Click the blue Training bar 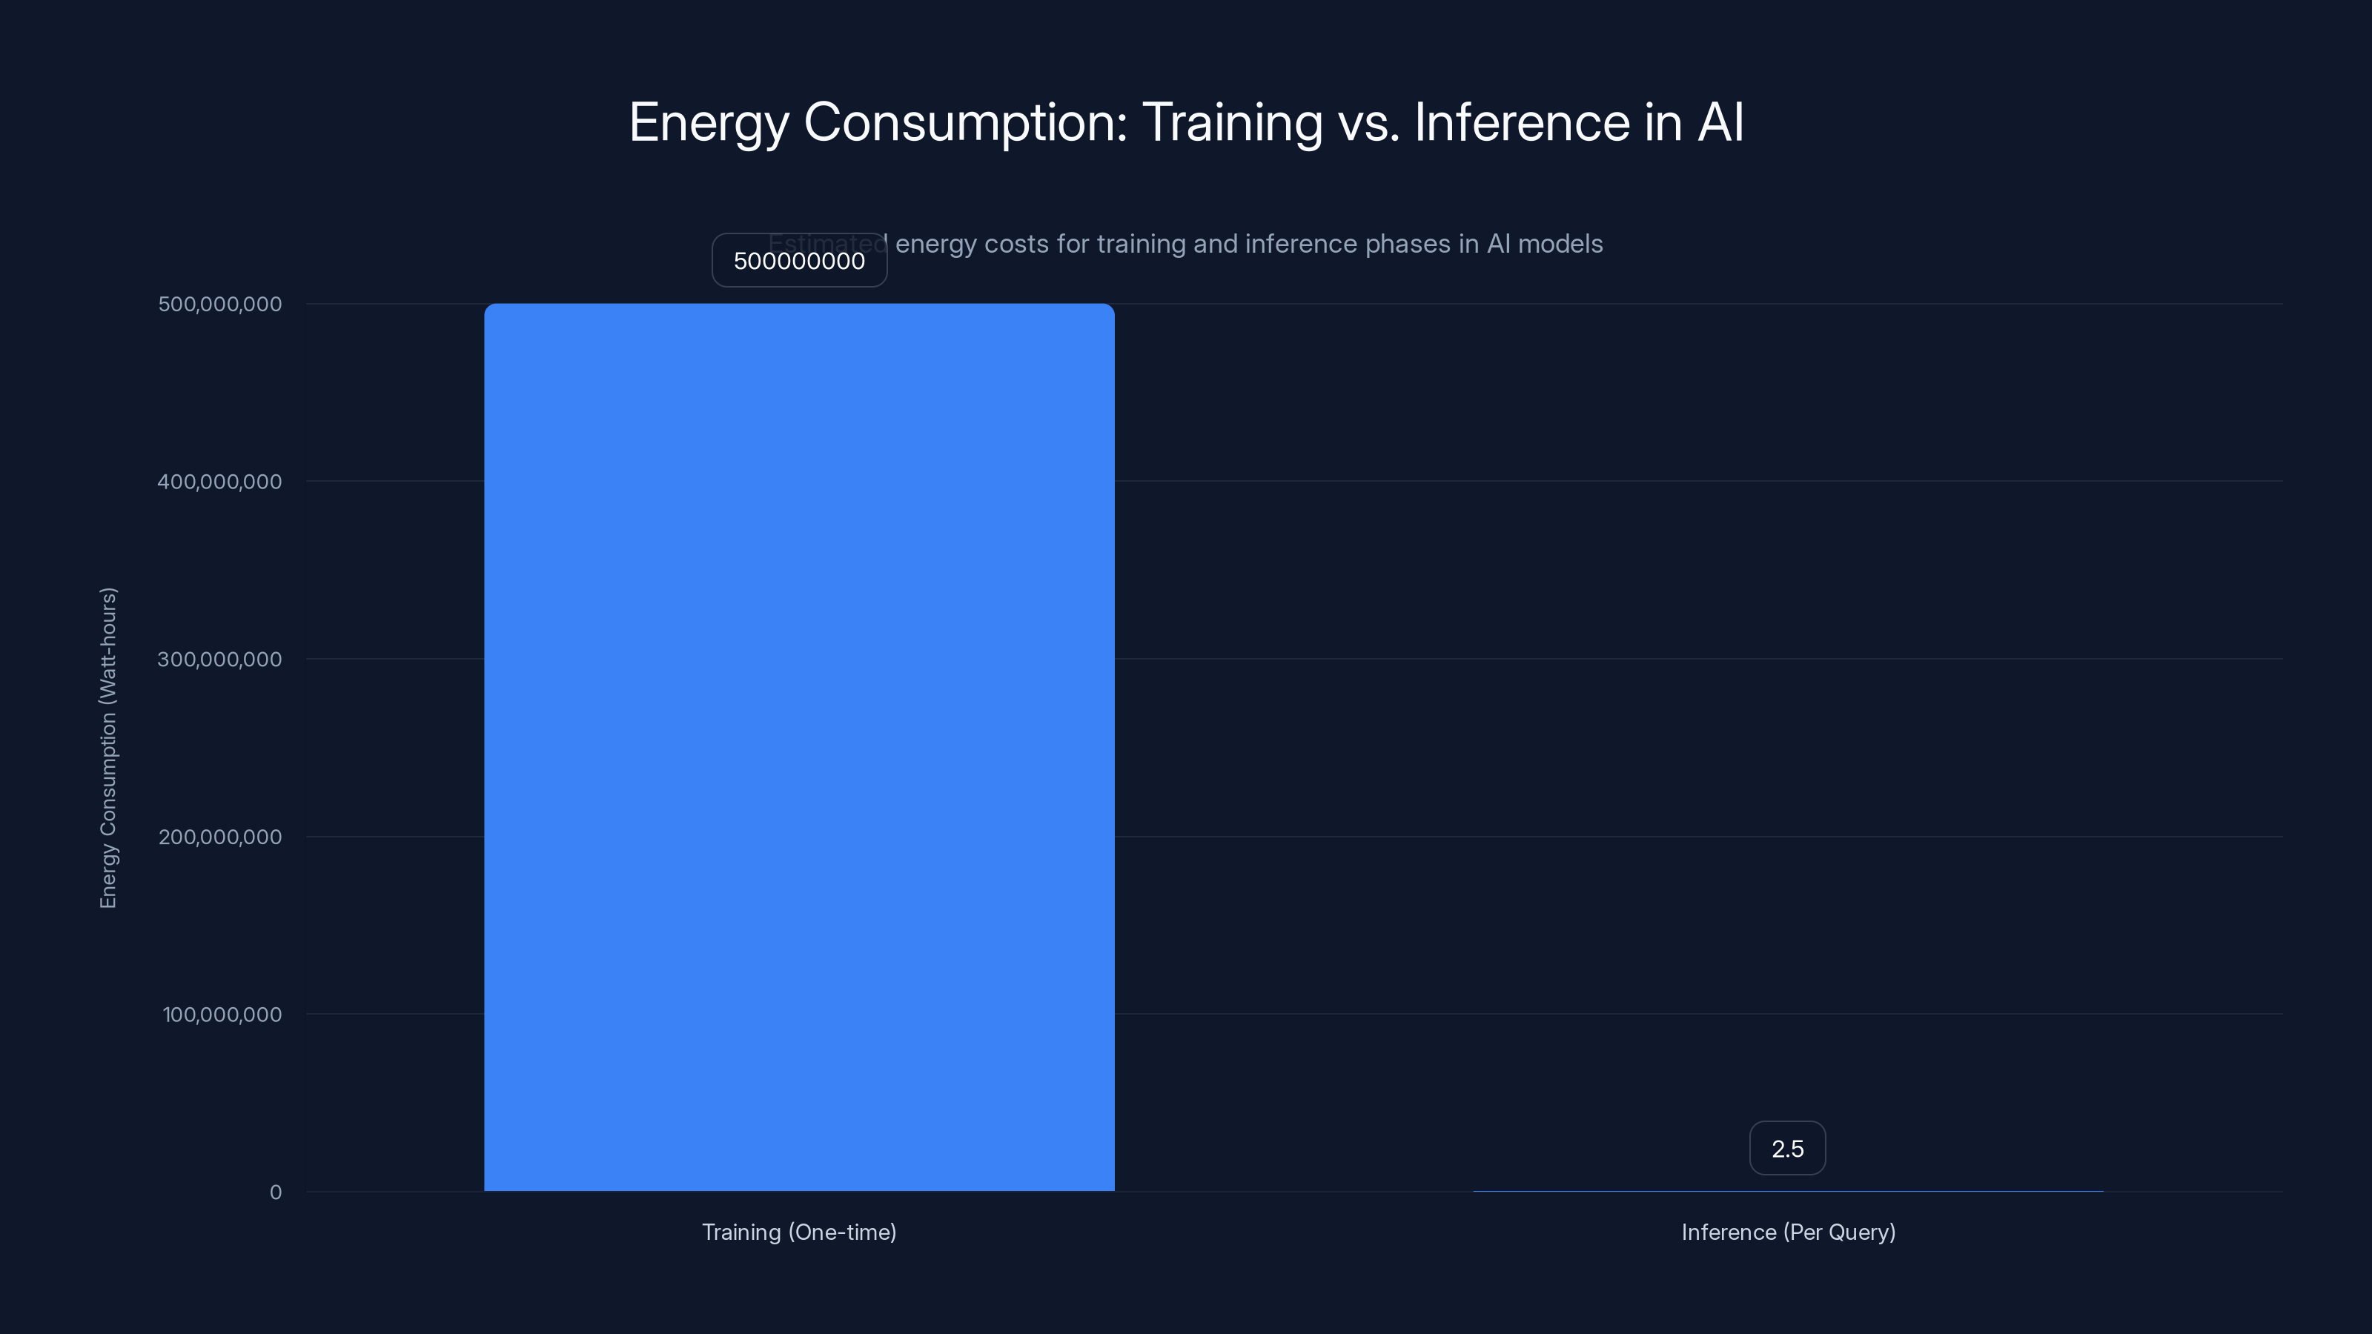pyautogui.click(x=799, y=746)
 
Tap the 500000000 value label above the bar pyautogui.click(x=799, y=261)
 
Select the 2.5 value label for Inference pyautogui.click(x=1787, y=1149)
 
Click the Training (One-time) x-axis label pyautogui.click(x=799, y=1232)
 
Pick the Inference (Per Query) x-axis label pyautogui.click(x=1788, y=1232)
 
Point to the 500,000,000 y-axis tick pyautogui.click(x=220, y=304)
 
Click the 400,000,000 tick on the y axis pyautogui.click(x=220, y=482)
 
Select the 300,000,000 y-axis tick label pyautogui.click(x=220, y=659)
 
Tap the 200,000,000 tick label pyautogui.click(x=220, y=837)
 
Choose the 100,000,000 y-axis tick pyautogui.click(x=222, y=1015)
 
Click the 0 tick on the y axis pyautogui.click(x=275, y=1192)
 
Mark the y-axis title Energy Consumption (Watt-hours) pyautogui.click(x=109, y=748)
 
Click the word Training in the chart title pyautogui.click(x=1231, y=122)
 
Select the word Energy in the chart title pyautogui.click(x=708, y=122)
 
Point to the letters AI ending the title pyautogui.click(x=1720, y=122)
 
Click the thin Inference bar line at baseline pyautogui.click(x=1788, y=1191)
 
